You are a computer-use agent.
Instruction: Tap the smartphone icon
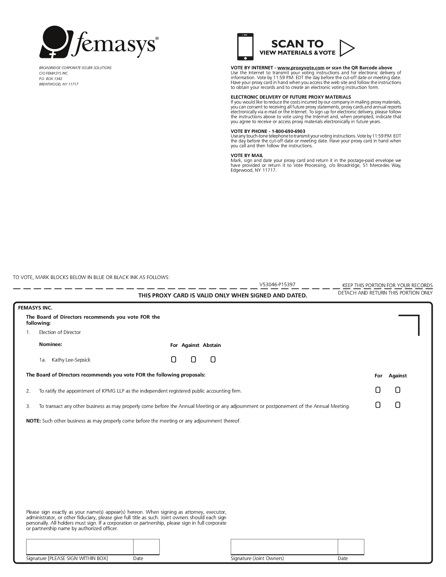[245, 47]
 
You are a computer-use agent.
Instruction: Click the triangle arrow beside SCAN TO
[346, 48]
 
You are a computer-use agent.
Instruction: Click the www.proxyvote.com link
[301, 68]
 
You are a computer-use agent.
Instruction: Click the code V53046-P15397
[277, 284]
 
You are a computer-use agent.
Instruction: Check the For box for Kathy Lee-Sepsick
[174, 359]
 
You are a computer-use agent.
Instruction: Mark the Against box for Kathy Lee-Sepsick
[193, 359]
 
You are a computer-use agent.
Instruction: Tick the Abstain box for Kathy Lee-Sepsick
[213, 359]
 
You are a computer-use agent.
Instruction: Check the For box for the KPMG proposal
[378, 390]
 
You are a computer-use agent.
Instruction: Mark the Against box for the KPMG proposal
[398, 390]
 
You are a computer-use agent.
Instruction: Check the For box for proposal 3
[378, 405]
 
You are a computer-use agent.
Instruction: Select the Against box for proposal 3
[398, 405]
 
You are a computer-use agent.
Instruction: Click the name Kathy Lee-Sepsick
[71, 360]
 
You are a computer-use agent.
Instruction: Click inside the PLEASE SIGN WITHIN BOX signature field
[80, 547]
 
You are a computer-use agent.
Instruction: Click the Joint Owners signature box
[284, 547]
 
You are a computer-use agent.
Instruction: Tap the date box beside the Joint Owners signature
[351, 547]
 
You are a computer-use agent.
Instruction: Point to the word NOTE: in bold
[34, 421]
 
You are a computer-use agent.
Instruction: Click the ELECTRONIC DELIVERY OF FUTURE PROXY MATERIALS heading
[291, 97]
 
